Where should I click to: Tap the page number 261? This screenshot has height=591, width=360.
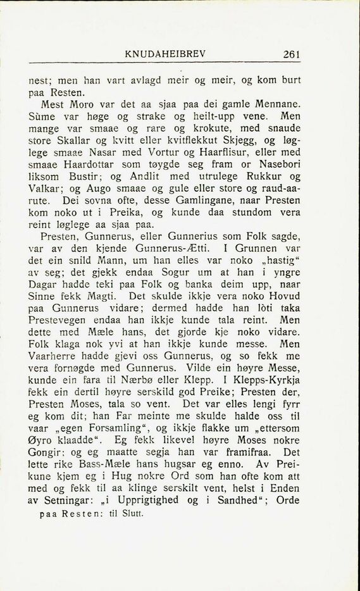click(292, 54)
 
